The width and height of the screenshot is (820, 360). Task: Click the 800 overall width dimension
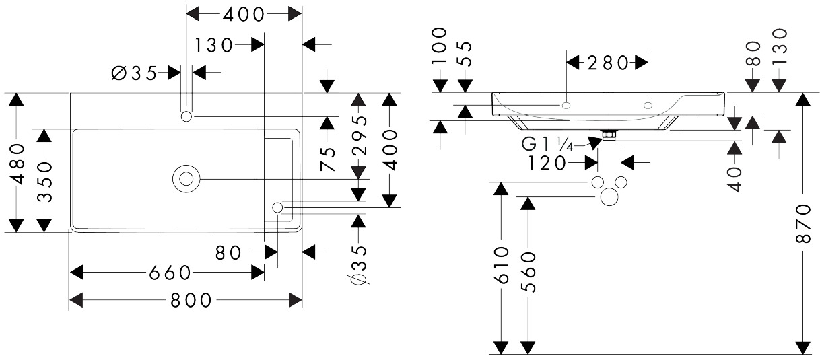191,300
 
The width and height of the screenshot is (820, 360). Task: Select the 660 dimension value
170,273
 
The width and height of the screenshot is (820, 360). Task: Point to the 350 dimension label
45,182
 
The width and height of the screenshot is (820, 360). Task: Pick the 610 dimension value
502,265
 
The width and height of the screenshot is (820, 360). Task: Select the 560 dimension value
528,273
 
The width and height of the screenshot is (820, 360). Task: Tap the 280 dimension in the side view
608,63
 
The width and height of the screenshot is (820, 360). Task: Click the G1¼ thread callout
547,144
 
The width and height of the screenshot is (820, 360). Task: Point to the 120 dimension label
547,163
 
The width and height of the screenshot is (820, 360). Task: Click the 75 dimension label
328,159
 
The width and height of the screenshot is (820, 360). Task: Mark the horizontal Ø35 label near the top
134,73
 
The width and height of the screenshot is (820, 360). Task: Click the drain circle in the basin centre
186,179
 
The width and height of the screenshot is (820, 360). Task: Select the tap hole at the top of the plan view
186,116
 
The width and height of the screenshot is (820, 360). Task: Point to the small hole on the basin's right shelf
277,208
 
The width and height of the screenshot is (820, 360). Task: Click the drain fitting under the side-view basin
609,135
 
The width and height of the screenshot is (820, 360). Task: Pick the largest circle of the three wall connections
609,197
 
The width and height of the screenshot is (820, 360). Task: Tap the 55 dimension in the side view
465,54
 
